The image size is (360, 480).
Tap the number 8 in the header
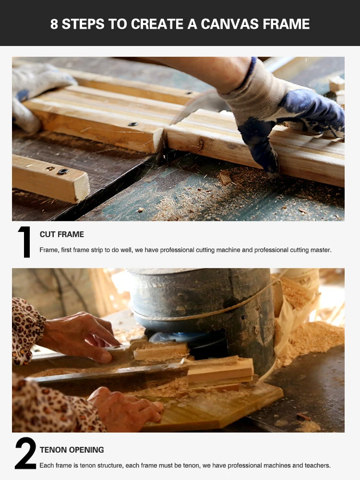[54, 24]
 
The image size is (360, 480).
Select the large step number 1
[24, 242]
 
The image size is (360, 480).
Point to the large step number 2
[25, 453]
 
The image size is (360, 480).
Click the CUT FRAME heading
[62, 234]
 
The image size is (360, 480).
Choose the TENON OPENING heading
[72, 450]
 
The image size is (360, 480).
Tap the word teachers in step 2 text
[317, 465]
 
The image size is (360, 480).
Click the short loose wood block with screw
[50, 178]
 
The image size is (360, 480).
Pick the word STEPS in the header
[83, 24]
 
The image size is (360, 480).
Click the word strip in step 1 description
[97, 250]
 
